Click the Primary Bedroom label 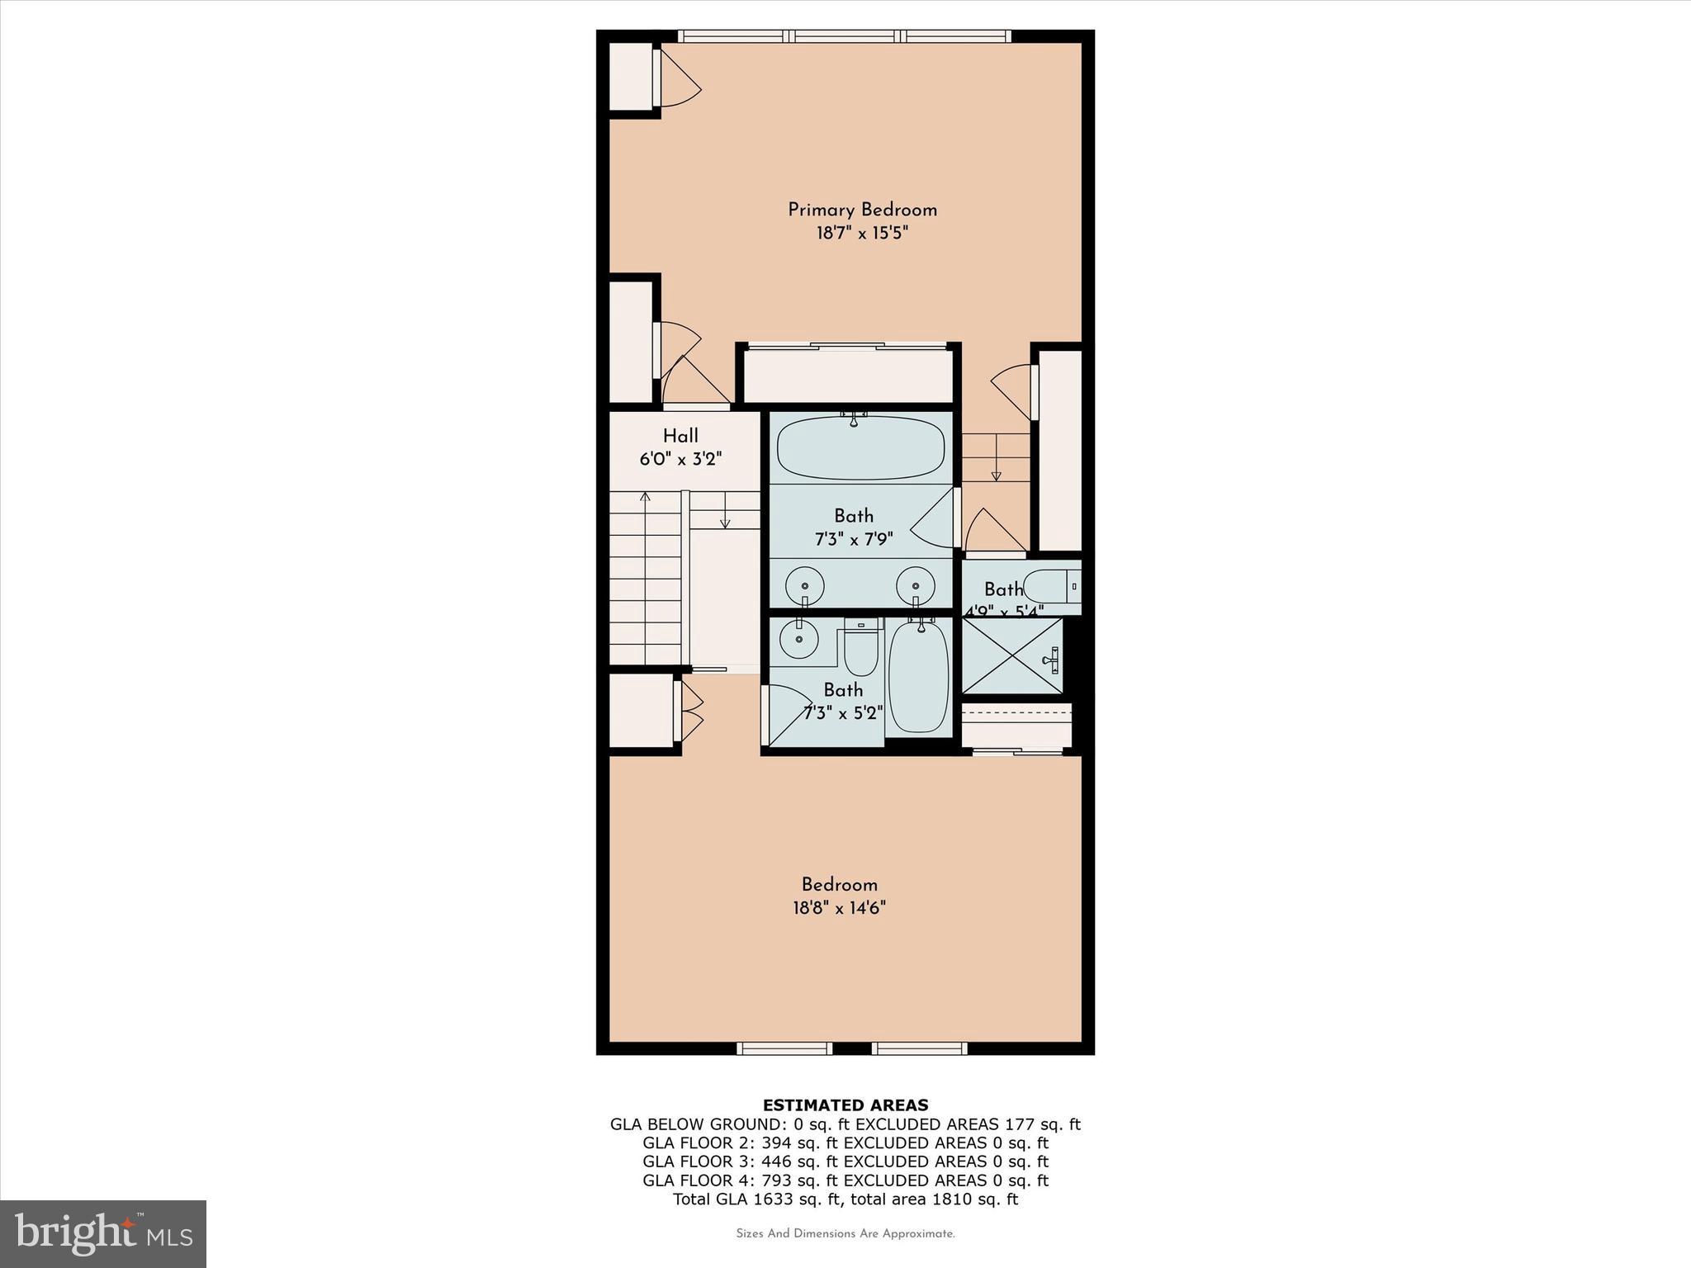[862, 210]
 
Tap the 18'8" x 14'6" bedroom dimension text [839, 908]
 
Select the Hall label [680, 436]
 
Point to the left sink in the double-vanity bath [803, 586]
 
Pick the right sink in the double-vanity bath [916, 586]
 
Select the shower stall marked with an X [1012, 655]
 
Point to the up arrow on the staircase [645, 498]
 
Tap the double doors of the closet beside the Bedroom [689, 712]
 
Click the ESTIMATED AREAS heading [845, 1105]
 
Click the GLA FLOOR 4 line [845, 1180]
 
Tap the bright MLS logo [103, 1233]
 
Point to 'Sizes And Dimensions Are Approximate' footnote [845, 1234]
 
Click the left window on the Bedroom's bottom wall [784, 1048]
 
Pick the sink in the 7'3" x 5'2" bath [798, 639]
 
